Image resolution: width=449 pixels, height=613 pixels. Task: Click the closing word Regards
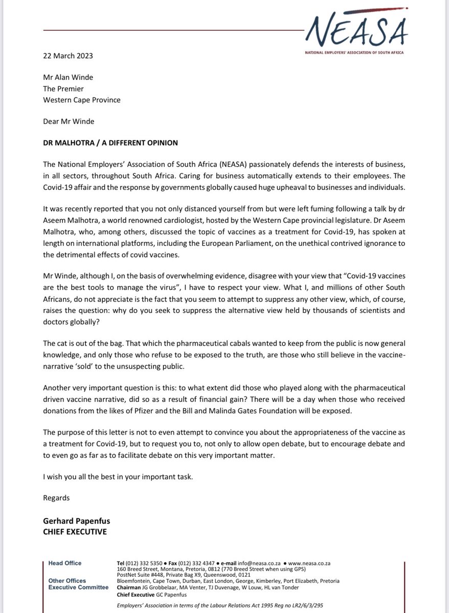56,498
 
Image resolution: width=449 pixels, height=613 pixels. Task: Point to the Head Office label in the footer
64,563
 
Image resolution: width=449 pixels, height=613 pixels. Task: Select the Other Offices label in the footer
67,581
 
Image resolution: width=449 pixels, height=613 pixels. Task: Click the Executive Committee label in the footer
78,587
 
